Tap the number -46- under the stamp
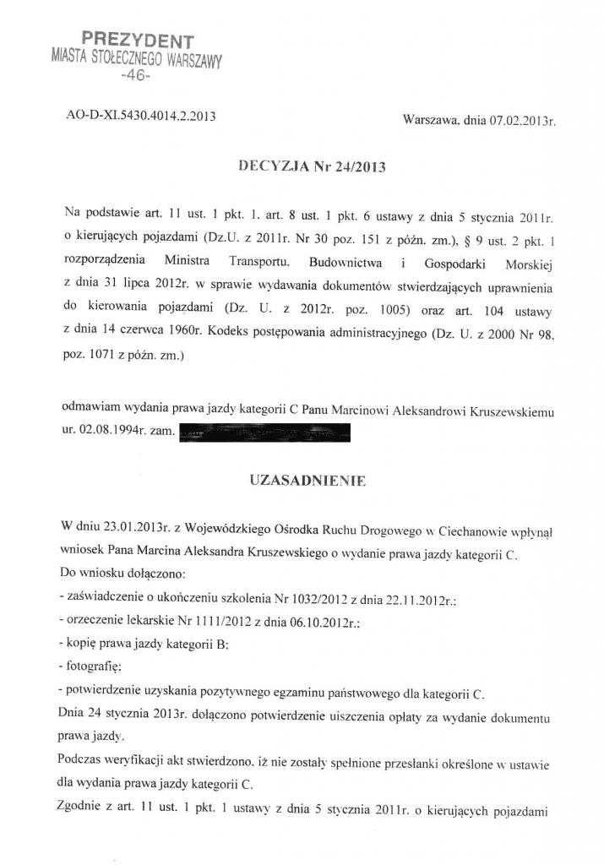tap(136, 76)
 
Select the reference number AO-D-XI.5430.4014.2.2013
tap(141, 117)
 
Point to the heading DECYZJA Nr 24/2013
tap(313, 166)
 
